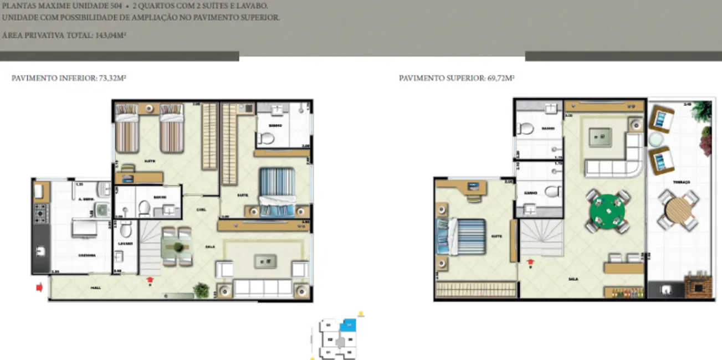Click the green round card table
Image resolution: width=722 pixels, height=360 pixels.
point(607,210)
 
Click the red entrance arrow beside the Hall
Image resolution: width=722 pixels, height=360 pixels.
point(39,287)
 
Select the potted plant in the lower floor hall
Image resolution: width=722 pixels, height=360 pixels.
point(200,289)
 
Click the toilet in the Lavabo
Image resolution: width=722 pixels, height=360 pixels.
point(126,229)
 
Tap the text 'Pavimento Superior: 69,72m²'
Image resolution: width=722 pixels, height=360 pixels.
point(457,79)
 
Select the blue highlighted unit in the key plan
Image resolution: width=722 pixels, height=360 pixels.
point(348,327)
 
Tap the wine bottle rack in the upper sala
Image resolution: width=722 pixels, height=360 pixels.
point(623,291)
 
